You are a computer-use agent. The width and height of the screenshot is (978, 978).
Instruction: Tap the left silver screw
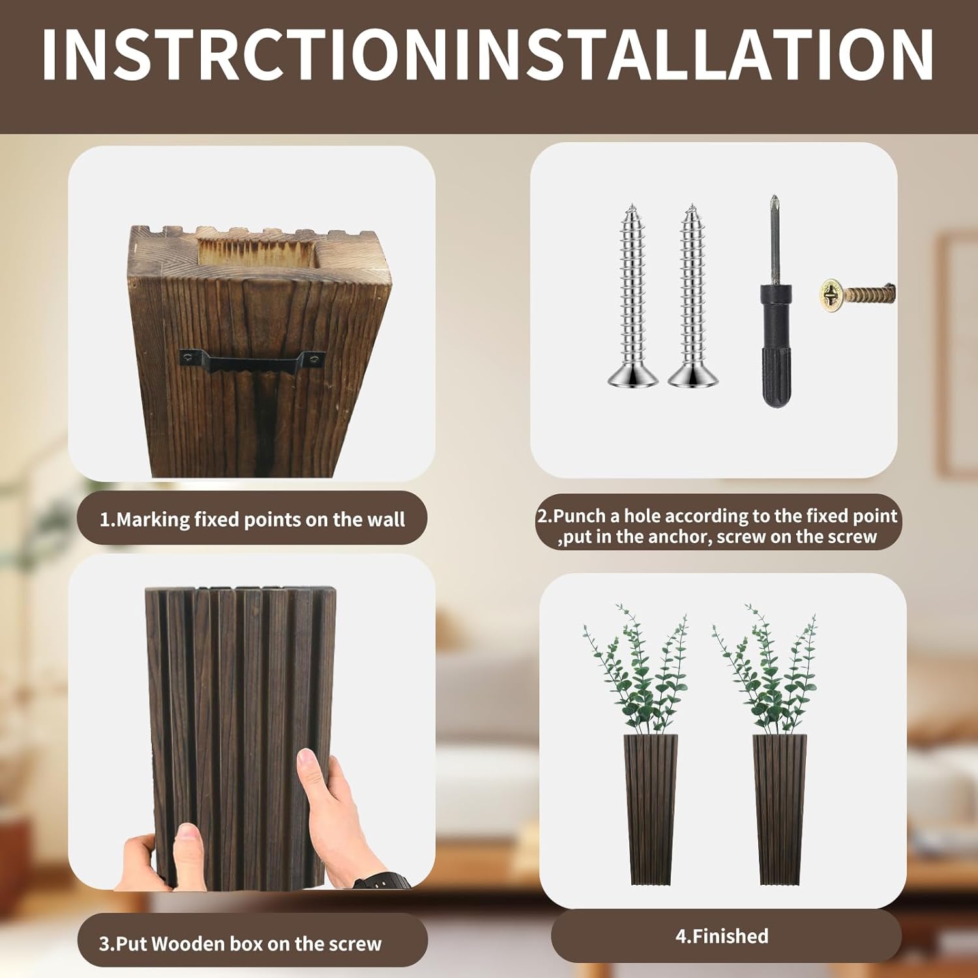tap(632, 297)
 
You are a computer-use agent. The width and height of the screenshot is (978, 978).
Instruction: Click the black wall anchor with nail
tap(776, 313)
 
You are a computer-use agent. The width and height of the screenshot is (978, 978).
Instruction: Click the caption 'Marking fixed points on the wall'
tap(252, 520)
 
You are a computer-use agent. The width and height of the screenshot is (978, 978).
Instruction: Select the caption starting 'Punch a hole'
tap(717, 526)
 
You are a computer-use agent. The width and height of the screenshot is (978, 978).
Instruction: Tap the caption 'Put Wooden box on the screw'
tap(240, 943)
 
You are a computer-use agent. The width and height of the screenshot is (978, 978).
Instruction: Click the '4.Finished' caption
tap(722, 936)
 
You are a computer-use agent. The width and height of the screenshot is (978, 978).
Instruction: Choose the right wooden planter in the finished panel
tap(779, 808)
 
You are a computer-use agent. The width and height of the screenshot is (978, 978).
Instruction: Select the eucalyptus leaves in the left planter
tap(636, 672)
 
